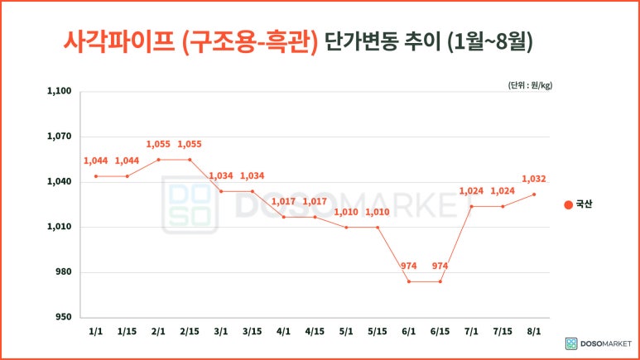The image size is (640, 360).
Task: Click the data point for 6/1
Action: [x=408, y=281]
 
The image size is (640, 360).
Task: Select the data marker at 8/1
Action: [x=534, y=194]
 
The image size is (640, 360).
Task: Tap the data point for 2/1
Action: [x=158, y=160]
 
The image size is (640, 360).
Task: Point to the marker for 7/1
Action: [x=471, y=206]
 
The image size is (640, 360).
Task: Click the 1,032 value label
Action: [x=534, y=179]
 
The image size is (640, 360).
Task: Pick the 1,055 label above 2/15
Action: [x=190, y=144]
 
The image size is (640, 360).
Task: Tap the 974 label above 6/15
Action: [x=440, y=266]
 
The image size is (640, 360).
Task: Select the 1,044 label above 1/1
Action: [x=96, y=161]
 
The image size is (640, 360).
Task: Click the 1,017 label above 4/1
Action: [x=283, y=201]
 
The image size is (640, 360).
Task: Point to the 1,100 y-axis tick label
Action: [x=59, y=91]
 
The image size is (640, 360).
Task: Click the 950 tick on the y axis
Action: [x=63, y=317]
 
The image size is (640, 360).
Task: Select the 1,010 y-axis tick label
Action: [x=59, y=227]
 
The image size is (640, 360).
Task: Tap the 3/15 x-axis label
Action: [x=252, y=332]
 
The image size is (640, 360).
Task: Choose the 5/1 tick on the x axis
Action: [x=346, y=332]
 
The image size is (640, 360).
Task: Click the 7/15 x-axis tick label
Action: [x=503, y=332]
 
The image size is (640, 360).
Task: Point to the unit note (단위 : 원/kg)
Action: [x=530, y=85]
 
